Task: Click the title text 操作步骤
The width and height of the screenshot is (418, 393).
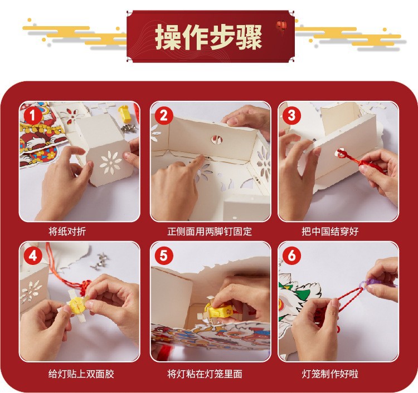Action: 208,37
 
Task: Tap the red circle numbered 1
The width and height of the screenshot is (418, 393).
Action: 32,116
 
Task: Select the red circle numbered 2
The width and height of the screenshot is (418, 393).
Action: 163,116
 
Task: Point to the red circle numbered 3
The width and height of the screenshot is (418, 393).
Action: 291,116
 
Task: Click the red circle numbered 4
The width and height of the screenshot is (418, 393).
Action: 32,256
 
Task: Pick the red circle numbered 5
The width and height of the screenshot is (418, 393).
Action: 163,256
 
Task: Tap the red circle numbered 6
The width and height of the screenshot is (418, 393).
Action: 291,256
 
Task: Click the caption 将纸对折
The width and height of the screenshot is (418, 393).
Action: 67,231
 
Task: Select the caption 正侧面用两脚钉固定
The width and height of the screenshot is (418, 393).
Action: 210,231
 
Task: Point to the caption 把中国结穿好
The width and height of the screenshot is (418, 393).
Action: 330,231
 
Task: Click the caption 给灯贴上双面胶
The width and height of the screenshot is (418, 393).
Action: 81,374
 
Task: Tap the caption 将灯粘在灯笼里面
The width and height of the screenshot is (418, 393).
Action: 205,374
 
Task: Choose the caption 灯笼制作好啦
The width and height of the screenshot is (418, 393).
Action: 330,374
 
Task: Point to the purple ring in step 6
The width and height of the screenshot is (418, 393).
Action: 375,283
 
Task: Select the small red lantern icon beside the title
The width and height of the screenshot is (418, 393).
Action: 281,26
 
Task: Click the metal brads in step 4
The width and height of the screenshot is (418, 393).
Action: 100,262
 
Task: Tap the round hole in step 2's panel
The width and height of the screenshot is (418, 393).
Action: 217,139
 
